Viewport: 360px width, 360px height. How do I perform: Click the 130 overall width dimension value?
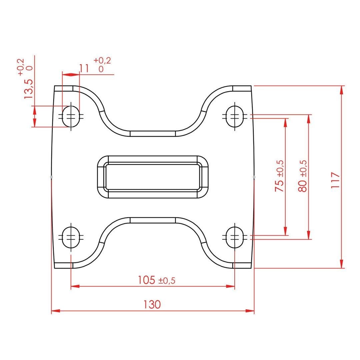[x=152, y=304]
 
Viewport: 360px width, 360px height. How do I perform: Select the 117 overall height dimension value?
[x=335, y=180]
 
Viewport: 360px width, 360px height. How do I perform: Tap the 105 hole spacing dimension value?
[x=146, y=280]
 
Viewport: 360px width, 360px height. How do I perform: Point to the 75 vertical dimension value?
[x=279, y=186]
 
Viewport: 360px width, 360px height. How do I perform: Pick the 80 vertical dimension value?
[x=302, y=186]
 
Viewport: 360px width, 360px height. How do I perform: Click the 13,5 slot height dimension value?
[x=28, y=89]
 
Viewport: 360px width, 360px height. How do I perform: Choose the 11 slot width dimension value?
[x=84, y=68]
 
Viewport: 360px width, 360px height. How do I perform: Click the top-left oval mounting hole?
[x=71, y=116]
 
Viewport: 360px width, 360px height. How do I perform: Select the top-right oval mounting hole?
[x=235, y=116]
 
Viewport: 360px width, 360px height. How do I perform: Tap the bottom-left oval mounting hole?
[x=71, y=237]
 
